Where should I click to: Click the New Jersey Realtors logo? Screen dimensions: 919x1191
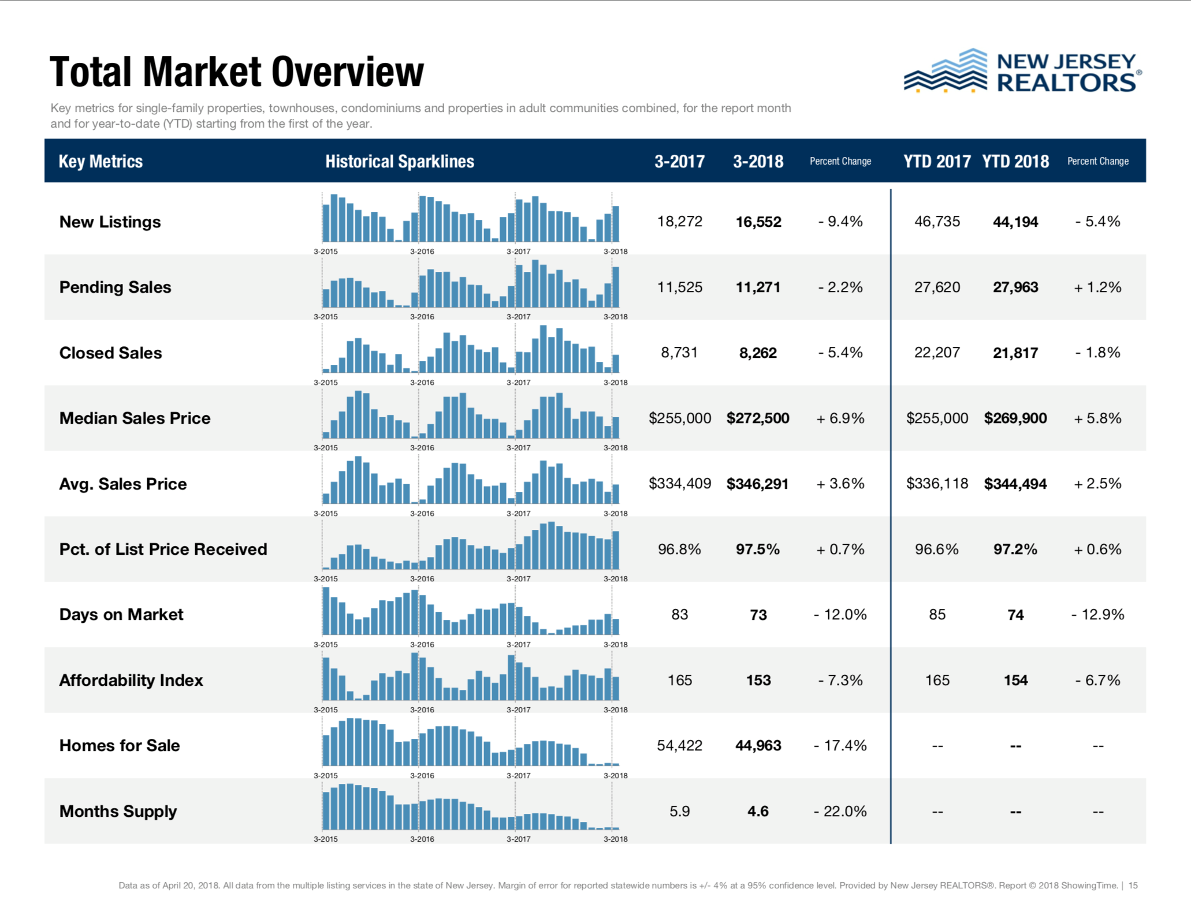1022,72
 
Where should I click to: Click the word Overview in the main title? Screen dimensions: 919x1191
348,72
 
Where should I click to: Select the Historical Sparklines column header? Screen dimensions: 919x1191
399,162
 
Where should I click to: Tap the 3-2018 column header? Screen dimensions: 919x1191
758,162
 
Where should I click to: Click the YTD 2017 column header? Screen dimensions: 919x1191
937,162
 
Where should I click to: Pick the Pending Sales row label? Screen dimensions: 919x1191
115,287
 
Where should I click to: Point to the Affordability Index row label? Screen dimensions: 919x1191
131,680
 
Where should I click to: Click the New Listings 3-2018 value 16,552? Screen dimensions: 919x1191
758,222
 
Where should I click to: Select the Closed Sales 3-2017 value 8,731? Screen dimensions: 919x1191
679,353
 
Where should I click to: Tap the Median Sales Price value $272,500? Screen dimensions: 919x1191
758,418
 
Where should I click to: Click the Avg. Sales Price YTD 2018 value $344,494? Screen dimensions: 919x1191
1015,484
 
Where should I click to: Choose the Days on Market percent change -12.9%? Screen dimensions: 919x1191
1097,615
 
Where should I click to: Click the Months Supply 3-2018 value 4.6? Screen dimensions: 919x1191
758,811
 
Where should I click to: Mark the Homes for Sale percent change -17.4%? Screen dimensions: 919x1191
840,746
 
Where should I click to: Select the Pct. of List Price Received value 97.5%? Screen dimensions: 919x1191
758,549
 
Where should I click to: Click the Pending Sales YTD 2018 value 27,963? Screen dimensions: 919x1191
1015,287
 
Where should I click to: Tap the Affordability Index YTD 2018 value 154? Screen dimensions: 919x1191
1015,680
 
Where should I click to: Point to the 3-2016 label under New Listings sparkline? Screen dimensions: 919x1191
422,252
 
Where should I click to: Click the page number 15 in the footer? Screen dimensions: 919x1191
1133,886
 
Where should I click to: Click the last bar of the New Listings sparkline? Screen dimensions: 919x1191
616,224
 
